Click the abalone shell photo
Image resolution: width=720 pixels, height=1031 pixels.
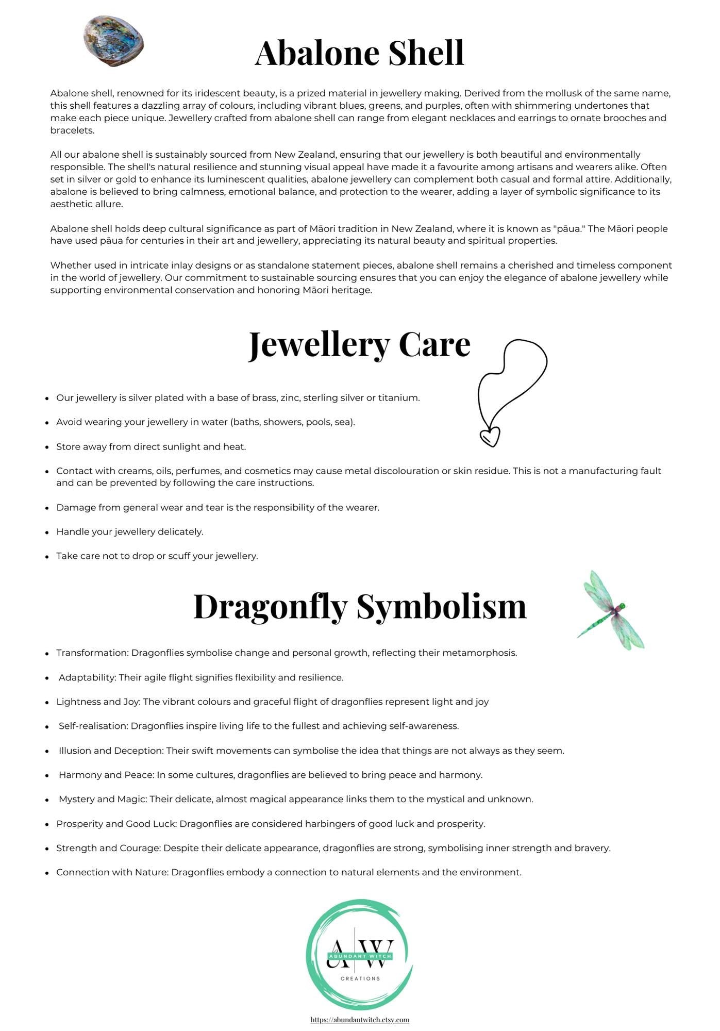(x=113, y=41)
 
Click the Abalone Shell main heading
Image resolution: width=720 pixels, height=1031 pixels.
(x=359, y=53)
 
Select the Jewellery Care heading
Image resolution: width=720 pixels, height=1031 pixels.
(x=359, y=344)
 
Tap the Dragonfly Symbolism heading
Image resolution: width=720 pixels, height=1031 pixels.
(x=360, y=606)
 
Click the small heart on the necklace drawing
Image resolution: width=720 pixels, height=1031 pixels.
(x=490, y=437)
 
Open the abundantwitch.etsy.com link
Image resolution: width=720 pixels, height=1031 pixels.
(x=360, y=1019)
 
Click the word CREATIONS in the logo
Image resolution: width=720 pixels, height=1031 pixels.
(x=360, y=978)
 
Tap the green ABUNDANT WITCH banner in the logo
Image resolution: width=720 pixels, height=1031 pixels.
(x=360, y=956)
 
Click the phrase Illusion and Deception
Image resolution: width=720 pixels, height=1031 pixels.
(x=111, y=751)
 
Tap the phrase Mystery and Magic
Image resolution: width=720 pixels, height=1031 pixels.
(x=103, y=799)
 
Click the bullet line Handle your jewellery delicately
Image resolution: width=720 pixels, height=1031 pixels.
(x=130, y=531)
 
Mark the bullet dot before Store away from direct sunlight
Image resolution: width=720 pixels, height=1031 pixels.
(x=47, y=447)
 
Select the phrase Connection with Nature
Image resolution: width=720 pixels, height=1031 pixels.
(x=112, y=872)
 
